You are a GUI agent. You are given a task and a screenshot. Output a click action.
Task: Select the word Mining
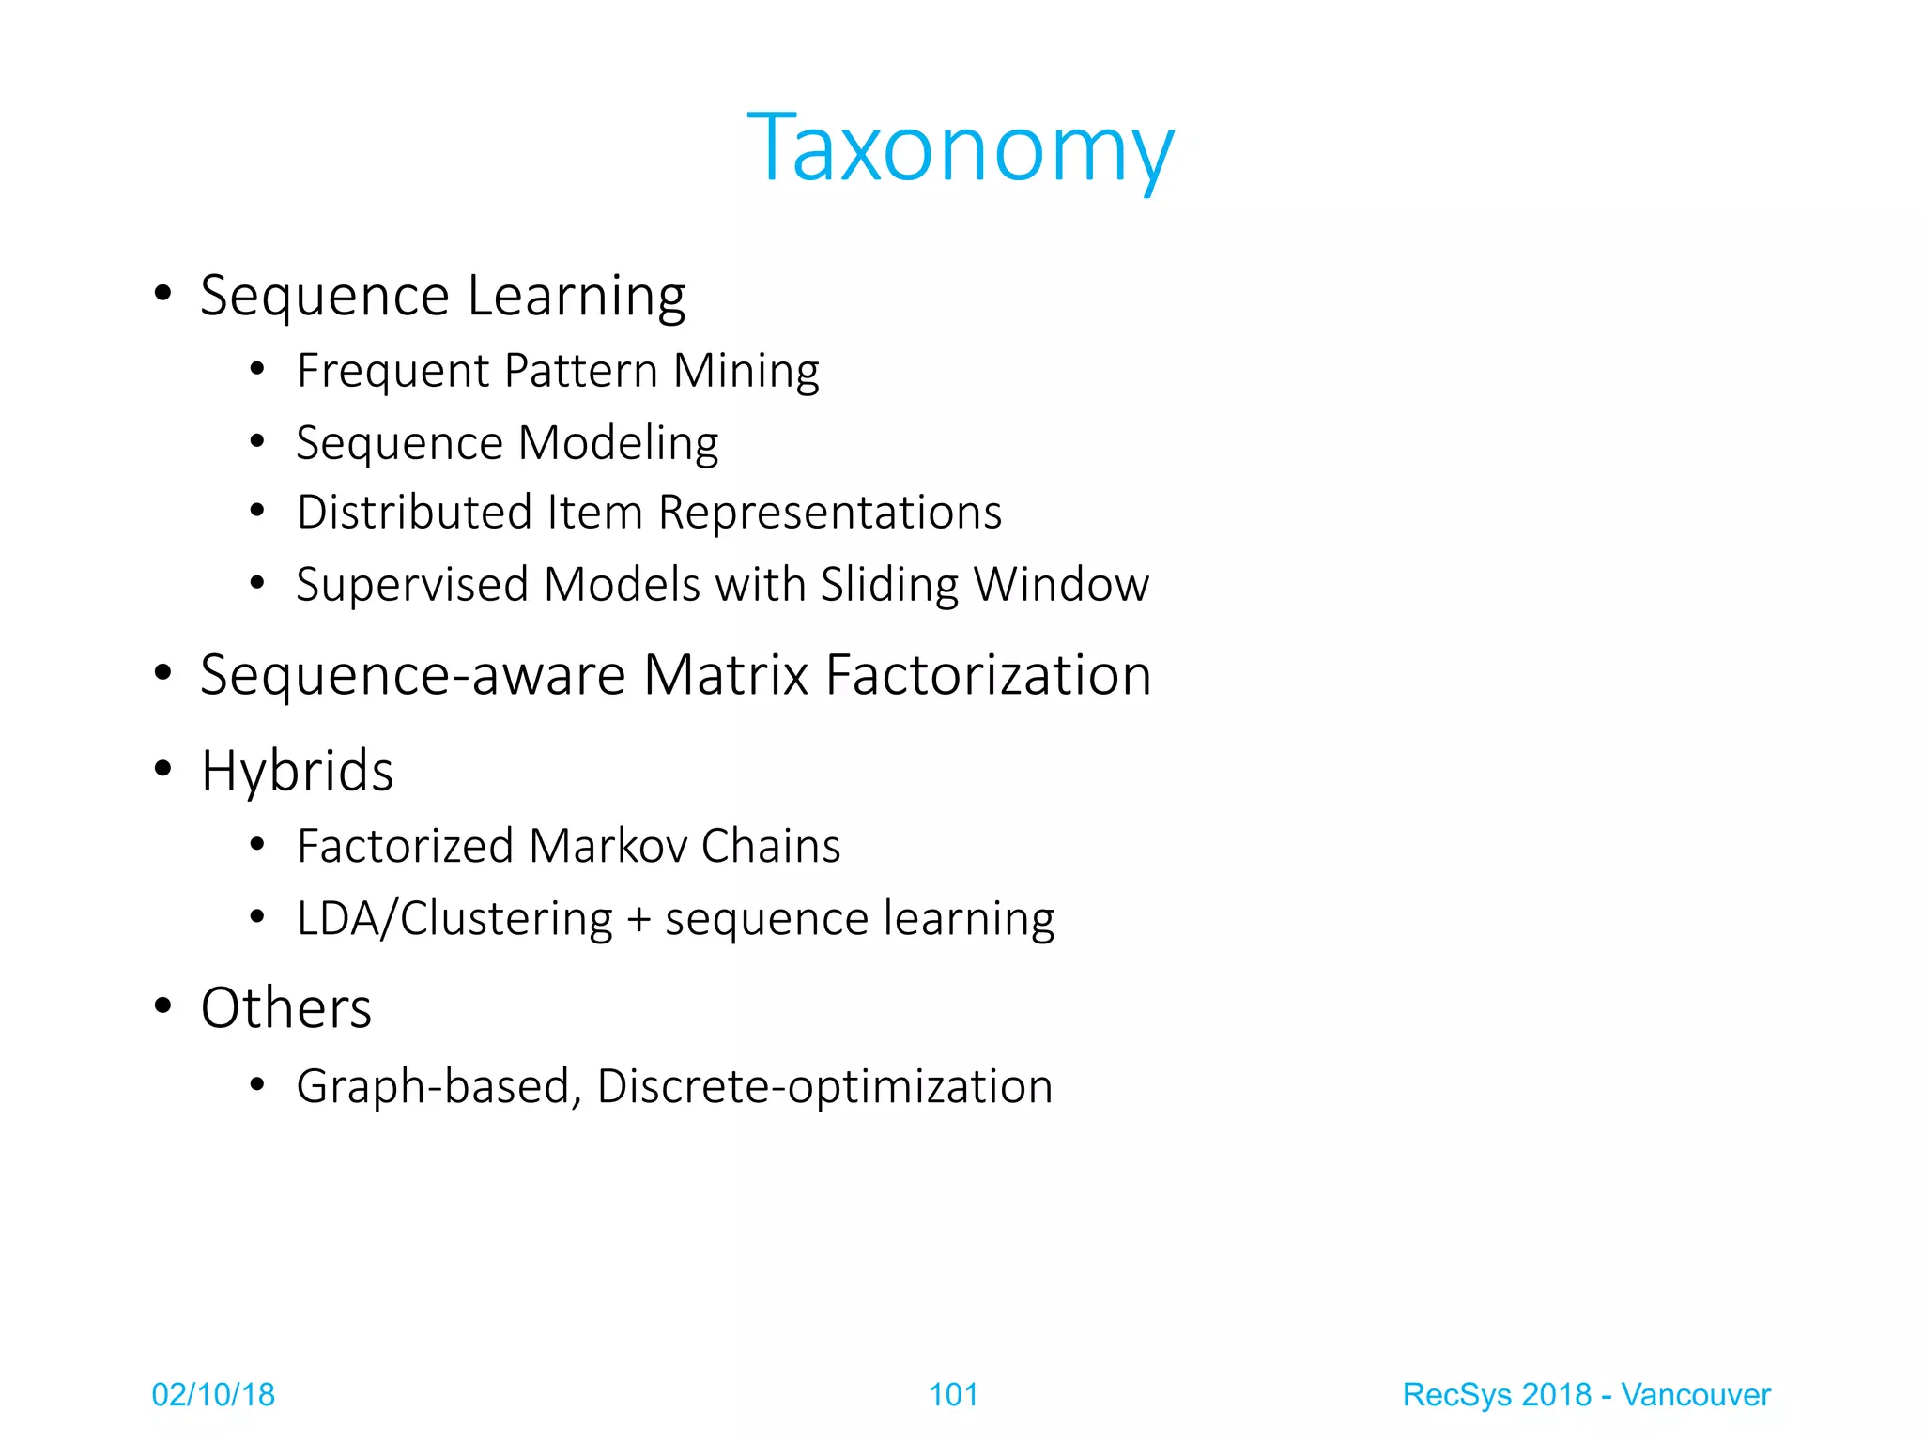point(746,371)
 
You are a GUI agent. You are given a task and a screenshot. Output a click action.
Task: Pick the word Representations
point(830,513)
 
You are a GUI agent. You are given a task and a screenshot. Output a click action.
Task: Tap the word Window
point(1061,585)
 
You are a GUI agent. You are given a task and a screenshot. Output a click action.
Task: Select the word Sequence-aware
point(413,675)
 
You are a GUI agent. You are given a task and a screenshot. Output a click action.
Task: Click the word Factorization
point(988,675)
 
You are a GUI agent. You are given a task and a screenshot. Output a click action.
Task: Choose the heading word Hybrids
point(297,772)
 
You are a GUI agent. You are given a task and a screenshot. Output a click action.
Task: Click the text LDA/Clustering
point(454,918)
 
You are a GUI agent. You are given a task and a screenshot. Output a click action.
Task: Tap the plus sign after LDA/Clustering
point(638,919)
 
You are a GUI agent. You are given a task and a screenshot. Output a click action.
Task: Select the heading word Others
point(286,1008)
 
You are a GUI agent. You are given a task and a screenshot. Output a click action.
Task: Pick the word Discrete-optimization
point(824,1086)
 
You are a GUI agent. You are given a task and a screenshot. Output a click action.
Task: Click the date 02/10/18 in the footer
point(213,1395)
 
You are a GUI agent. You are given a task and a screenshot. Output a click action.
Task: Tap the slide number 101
point(953,1395)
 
